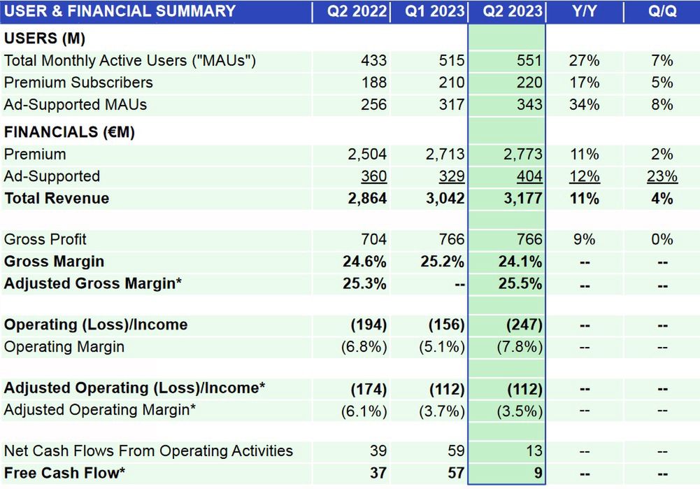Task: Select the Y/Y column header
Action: (584, 12)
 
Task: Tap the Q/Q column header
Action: (662, 12)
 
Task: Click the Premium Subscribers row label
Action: (78, 83)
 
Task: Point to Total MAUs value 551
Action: (529, 61)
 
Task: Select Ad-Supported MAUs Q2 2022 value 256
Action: (373, 105)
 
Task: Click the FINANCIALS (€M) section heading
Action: (69, 132)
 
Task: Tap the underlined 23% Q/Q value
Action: (662, 176)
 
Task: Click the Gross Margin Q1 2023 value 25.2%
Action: (443, 262)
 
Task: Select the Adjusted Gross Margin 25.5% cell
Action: (520, 284)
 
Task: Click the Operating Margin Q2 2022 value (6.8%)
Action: (364, 347)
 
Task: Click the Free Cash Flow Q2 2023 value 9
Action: (538, 474)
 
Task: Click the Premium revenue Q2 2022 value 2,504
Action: (365, 155)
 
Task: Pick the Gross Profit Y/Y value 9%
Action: (584, 240)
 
